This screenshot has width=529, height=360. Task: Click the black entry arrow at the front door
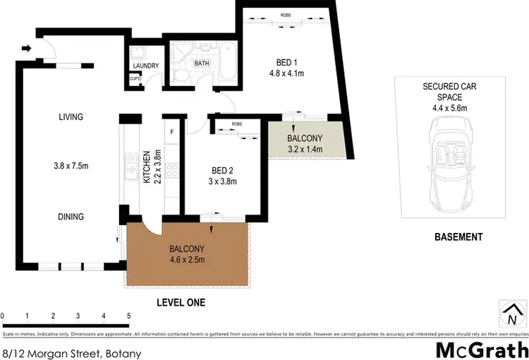[x=27, y=49]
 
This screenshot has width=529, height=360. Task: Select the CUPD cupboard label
[x=135, y=78]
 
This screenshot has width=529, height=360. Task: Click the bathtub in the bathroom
[x=229, y=63]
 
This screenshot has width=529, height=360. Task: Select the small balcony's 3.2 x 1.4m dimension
[x=305, y=150]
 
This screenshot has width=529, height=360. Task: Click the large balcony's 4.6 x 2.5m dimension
[x=187, y=260]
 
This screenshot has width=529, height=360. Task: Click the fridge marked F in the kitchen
[x=172, y=132]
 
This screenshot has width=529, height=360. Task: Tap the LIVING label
[x=71, y=117]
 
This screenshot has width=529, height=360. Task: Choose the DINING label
[x=71, y=217]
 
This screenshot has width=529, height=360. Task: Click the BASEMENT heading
[x=458, y=237]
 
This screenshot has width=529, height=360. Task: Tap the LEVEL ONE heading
[x=180, y=302]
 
